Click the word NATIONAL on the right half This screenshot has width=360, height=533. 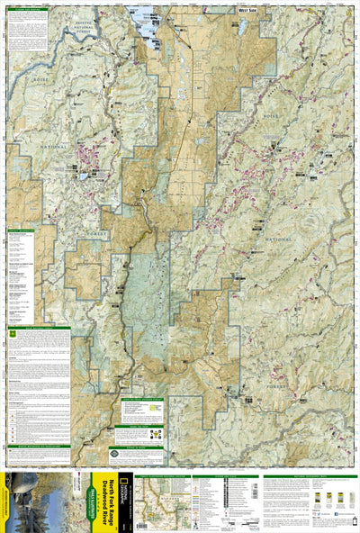[x=286, y=241]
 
